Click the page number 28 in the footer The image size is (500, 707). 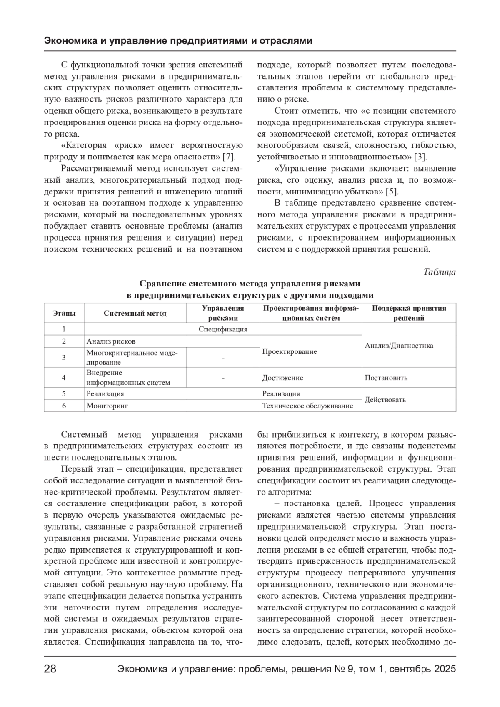pyautogui.click(x=50, y=669)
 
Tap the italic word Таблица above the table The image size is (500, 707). pyautogui.click(x=440, y=272)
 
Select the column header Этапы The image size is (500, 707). pyautogui.click(x=64, y=313)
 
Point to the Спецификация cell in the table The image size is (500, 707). pyautogui.click(x=223, y=329)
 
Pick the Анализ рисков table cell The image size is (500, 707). pyautogui.click(x=111, y=341)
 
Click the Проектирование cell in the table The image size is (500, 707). pyautogui.click(x=290, y=351)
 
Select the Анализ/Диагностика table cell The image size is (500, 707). pyautogui.click(x=399, y=346)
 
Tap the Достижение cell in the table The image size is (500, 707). pyautogui.click(x=282, y=378)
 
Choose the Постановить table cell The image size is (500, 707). pyautogui.click(x=386, y=378)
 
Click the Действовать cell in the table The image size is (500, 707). pyautogui.click(x=385, y=400)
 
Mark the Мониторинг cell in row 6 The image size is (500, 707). pyautogui.click(x=107, y=406)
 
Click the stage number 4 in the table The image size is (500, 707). pyautogui.click(x=64, y=378)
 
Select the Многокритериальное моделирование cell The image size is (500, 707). pyautogui.click(x=132, y=357)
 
